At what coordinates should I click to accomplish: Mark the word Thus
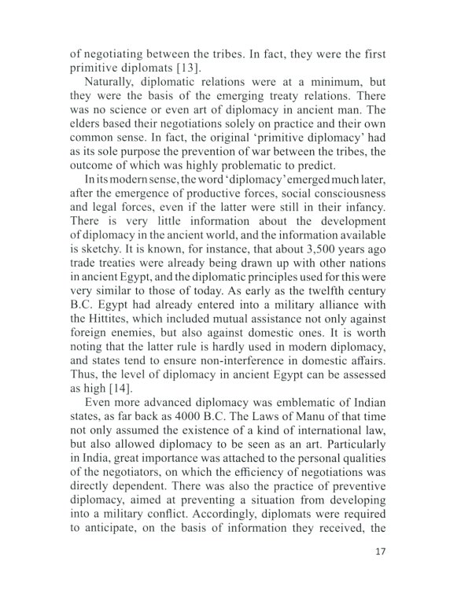click(85, 373)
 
